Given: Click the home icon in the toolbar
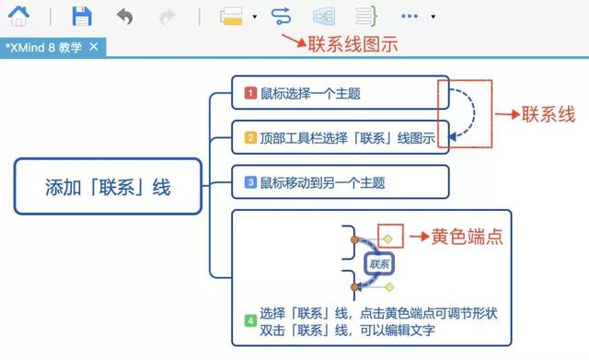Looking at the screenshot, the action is click(x=17, y=16).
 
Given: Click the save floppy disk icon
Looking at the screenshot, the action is click(x=82, y=16).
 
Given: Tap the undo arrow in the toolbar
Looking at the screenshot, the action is click(x=125, y=16).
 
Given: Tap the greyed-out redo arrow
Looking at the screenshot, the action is click(x=167, y=16).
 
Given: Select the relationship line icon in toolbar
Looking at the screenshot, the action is click(x=281, y=16).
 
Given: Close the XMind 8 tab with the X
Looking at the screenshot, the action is click(x=93, y=46).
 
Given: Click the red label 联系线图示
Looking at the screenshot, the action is click(x=352, y=43).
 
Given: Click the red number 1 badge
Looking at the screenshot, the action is click(x=249, y=93).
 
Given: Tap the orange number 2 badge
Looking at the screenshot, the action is click(x=249, y=138).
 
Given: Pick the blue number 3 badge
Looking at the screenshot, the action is click(x=249, y=182).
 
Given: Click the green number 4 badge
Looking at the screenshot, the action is click(x=249, y=320).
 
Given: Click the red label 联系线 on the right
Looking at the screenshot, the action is click(x=548, y=115).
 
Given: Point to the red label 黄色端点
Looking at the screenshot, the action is click(x=468, y=237).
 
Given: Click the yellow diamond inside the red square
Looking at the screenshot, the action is click(x=389, y=238).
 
